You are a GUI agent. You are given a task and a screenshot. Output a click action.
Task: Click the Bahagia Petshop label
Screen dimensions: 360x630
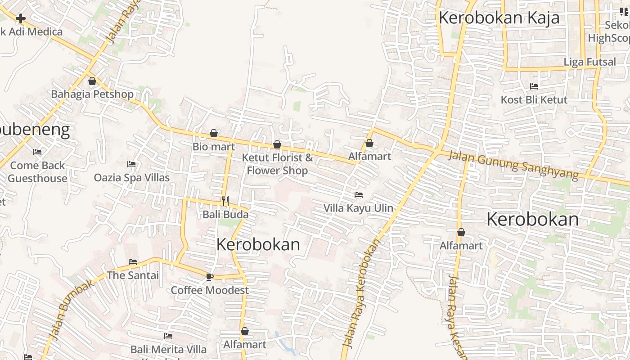coord(92,94)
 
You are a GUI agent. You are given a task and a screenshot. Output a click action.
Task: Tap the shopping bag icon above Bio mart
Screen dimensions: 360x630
coord(214,133)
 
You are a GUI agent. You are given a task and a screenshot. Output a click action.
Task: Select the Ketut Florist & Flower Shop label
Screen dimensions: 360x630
coord(277,164)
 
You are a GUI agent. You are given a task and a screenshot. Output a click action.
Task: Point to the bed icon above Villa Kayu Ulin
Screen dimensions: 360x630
coord(359,195)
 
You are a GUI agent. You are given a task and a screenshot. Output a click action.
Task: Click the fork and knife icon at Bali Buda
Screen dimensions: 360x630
coord(225,201)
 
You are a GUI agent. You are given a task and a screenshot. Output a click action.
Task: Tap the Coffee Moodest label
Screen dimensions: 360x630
coord(210,290)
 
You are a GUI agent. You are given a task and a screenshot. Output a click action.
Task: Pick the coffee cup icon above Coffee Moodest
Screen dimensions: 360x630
coord(209,276)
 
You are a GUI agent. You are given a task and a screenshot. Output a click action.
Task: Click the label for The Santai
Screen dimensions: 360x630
coord(133,275)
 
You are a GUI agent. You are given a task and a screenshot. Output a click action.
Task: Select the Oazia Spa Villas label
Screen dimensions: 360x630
coord(132,178)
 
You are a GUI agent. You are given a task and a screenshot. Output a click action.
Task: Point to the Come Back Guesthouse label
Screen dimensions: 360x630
coord(37,172)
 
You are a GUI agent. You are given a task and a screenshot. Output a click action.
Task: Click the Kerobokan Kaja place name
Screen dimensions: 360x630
coord(499,18)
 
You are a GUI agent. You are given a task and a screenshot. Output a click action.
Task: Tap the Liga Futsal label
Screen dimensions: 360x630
coord(589,62)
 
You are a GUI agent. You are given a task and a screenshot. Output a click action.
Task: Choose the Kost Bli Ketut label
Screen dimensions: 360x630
coord(534,100)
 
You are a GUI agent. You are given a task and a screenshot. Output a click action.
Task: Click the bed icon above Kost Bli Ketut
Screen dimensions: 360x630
coord(534,86)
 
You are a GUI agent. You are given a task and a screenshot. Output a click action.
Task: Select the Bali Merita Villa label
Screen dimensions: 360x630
coord(169,349)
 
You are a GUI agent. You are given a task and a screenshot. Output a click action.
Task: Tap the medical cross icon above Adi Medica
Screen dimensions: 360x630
coord(21,18)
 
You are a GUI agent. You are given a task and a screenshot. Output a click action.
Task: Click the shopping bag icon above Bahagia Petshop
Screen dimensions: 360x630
coord(92,81)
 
